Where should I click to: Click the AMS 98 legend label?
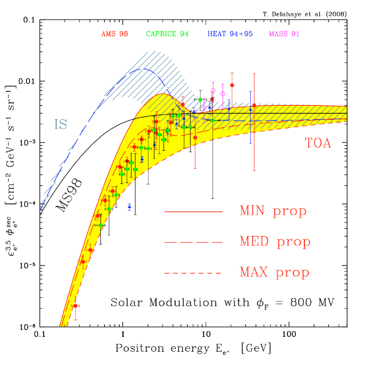[114, 34]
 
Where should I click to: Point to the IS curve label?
[60, 125]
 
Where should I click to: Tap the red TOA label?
[317, 143]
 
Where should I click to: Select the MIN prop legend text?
[273, 211]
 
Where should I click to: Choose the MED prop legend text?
[275, 242]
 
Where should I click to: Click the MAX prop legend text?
[274, 273]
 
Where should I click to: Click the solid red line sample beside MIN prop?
[194, 212]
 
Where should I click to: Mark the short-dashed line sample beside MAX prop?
[194, 273]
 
